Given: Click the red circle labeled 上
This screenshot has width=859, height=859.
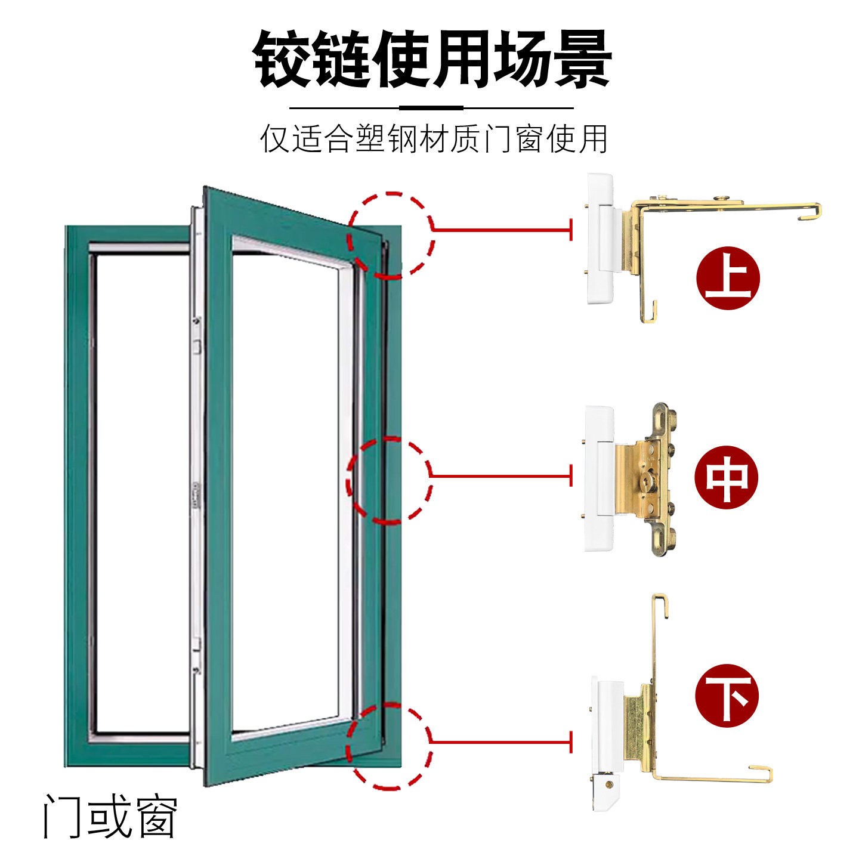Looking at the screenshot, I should click(728, 277).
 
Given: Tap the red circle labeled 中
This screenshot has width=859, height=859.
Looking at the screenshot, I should click(726, 477).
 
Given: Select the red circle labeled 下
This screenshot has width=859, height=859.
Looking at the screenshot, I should click(727, 695).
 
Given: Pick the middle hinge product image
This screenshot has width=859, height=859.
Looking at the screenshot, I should click(632, 477).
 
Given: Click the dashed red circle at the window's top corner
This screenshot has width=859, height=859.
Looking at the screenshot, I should click(391, 235).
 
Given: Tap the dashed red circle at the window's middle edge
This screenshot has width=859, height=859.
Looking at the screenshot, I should click(389, 480).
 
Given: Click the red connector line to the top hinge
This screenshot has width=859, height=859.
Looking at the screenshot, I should click(501, 229).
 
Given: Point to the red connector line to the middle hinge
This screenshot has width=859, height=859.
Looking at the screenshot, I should click(501, 475).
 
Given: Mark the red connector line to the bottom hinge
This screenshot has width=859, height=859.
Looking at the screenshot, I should click(501, 741).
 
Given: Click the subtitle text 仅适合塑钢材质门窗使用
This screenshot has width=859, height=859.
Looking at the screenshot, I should click(433, 139).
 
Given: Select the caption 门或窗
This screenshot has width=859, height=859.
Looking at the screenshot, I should click(110, 816).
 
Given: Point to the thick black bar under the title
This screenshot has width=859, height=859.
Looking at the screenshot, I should click(431, 108).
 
